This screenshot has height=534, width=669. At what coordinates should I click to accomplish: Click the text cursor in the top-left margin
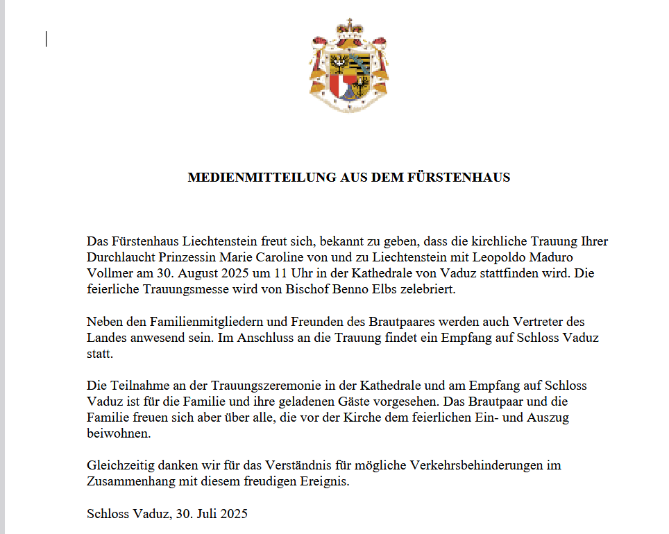(x=46, y=40)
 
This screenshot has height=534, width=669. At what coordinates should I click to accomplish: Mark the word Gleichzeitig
(x=119, y=466)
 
